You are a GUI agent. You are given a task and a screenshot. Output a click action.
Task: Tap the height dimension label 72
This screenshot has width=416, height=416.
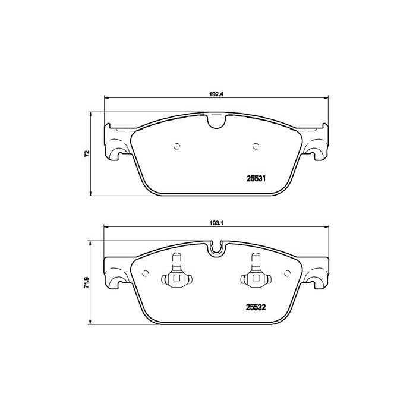click(87, 154)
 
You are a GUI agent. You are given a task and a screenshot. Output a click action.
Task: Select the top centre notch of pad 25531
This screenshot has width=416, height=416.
click(216, 122)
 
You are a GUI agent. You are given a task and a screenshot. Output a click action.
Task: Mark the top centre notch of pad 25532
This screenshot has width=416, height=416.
click(216, 249)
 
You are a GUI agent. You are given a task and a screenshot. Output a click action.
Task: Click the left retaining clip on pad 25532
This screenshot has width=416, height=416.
click(176, 274)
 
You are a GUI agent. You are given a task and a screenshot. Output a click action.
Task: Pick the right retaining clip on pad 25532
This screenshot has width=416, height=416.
click(257, 274)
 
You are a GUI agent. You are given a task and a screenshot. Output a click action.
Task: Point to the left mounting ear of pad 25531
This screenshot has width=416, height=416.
click(116, 143)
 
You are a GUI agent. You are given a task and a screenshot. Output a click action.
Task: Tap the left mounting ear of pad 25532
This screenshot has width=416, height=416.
click(116, 272)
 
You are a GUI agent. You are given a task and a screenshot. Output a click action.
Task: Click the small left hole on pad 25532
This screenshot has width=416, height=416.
click(145, 272)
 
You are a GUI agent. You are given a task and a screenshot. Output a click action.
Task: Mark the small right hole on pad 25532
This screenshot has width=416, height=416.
click(288, 272)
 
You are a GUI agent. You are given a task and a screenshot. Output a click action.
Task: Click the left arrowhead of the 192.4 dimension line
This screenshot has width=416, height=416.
click(107, 98)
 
